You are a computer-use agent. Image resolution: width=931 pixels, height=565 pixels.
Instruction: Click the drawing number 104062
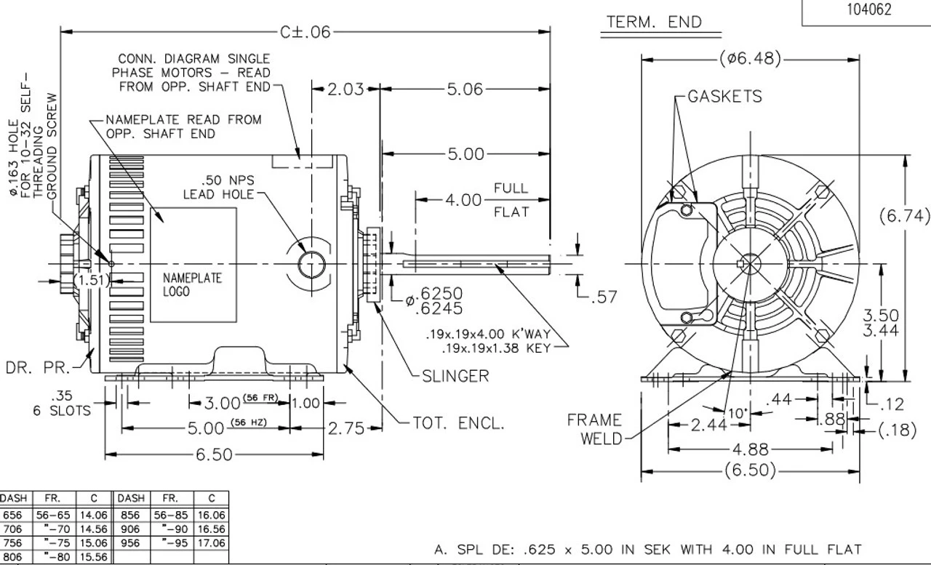click(866, 10)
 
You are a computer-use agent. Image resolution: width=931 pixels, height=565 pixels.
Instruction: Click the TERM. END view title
click(654, 23)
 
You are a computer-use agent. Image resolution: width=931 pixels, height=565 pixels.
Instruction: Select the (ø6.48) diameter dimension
click(750, 59)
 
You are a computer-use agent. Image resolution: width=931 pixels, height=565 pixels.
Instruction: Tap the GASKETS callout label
click(724, 97)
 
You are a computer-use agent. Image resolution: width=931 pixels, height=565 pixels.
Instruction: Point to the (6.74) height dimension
click(904, 215)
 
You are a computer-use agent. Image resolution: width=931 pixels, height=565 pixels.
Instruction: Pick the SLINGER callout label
click(455, 376)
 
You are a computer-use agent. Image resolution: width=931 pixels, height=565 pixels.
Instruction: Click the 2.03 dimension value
click(345, 89)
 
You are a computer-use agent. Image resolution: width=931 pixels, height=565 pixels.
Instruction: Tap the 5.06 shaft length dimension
click(465, 89)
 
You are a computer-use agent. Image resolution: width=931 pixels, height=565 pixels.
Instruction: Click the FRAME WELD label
click(594, 429)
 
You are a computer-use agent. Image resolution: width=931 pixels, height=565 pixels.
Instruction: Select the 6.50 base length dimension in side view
click(214, 455)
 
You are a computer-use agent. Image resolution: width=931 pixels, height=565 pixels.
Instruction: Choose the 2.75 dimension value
click(345, 428)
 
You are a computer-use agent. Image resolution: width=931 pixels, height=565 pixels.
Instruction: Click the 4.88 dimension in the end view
click(750, 449)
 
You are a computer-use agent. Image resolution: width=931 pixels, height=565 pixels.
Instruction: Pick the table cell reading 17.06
click(211, 543)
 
